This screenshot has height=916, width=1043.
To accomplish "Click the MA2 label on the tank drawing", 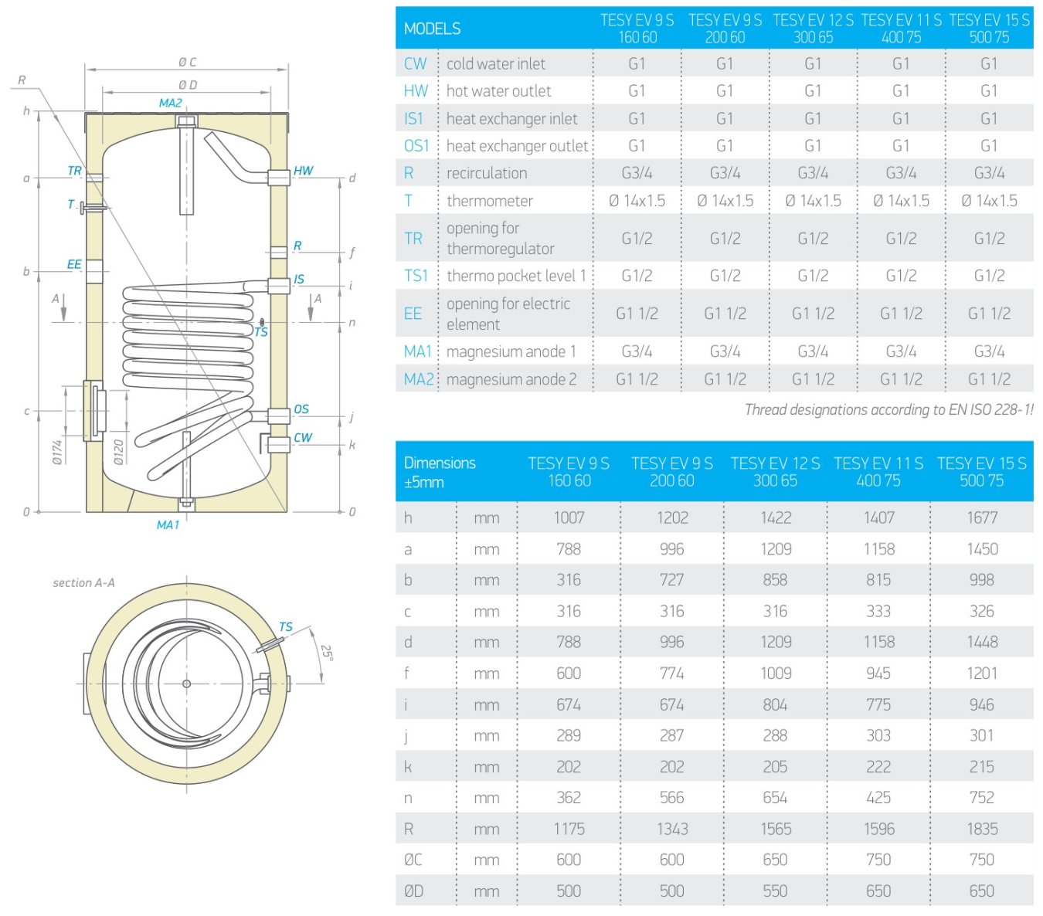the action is (171, 103).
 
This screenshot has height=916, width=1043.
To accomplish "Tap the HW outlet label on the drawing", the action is (303, 171).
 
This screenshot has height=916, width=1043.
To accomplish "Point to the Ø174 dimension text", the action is (57, 452).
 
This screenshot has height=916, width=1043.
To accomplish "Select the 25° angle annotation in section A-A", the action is (327, 653).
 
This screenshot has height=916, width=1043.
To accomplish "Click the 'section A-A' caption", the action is (84, 582).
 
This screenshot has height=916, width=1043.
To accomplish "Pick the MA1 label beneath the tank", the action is (168, 525).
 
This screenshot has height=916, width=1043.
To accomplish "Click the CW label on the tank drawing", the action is (303, 437).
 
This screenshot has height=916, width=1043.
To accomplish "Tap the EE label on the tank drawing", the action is (74, 264).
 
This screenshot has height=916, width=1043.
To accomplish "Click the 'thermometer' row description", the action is (490, 200).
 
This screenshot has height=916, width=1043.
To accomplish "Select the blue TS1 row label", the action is (416, 276).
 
